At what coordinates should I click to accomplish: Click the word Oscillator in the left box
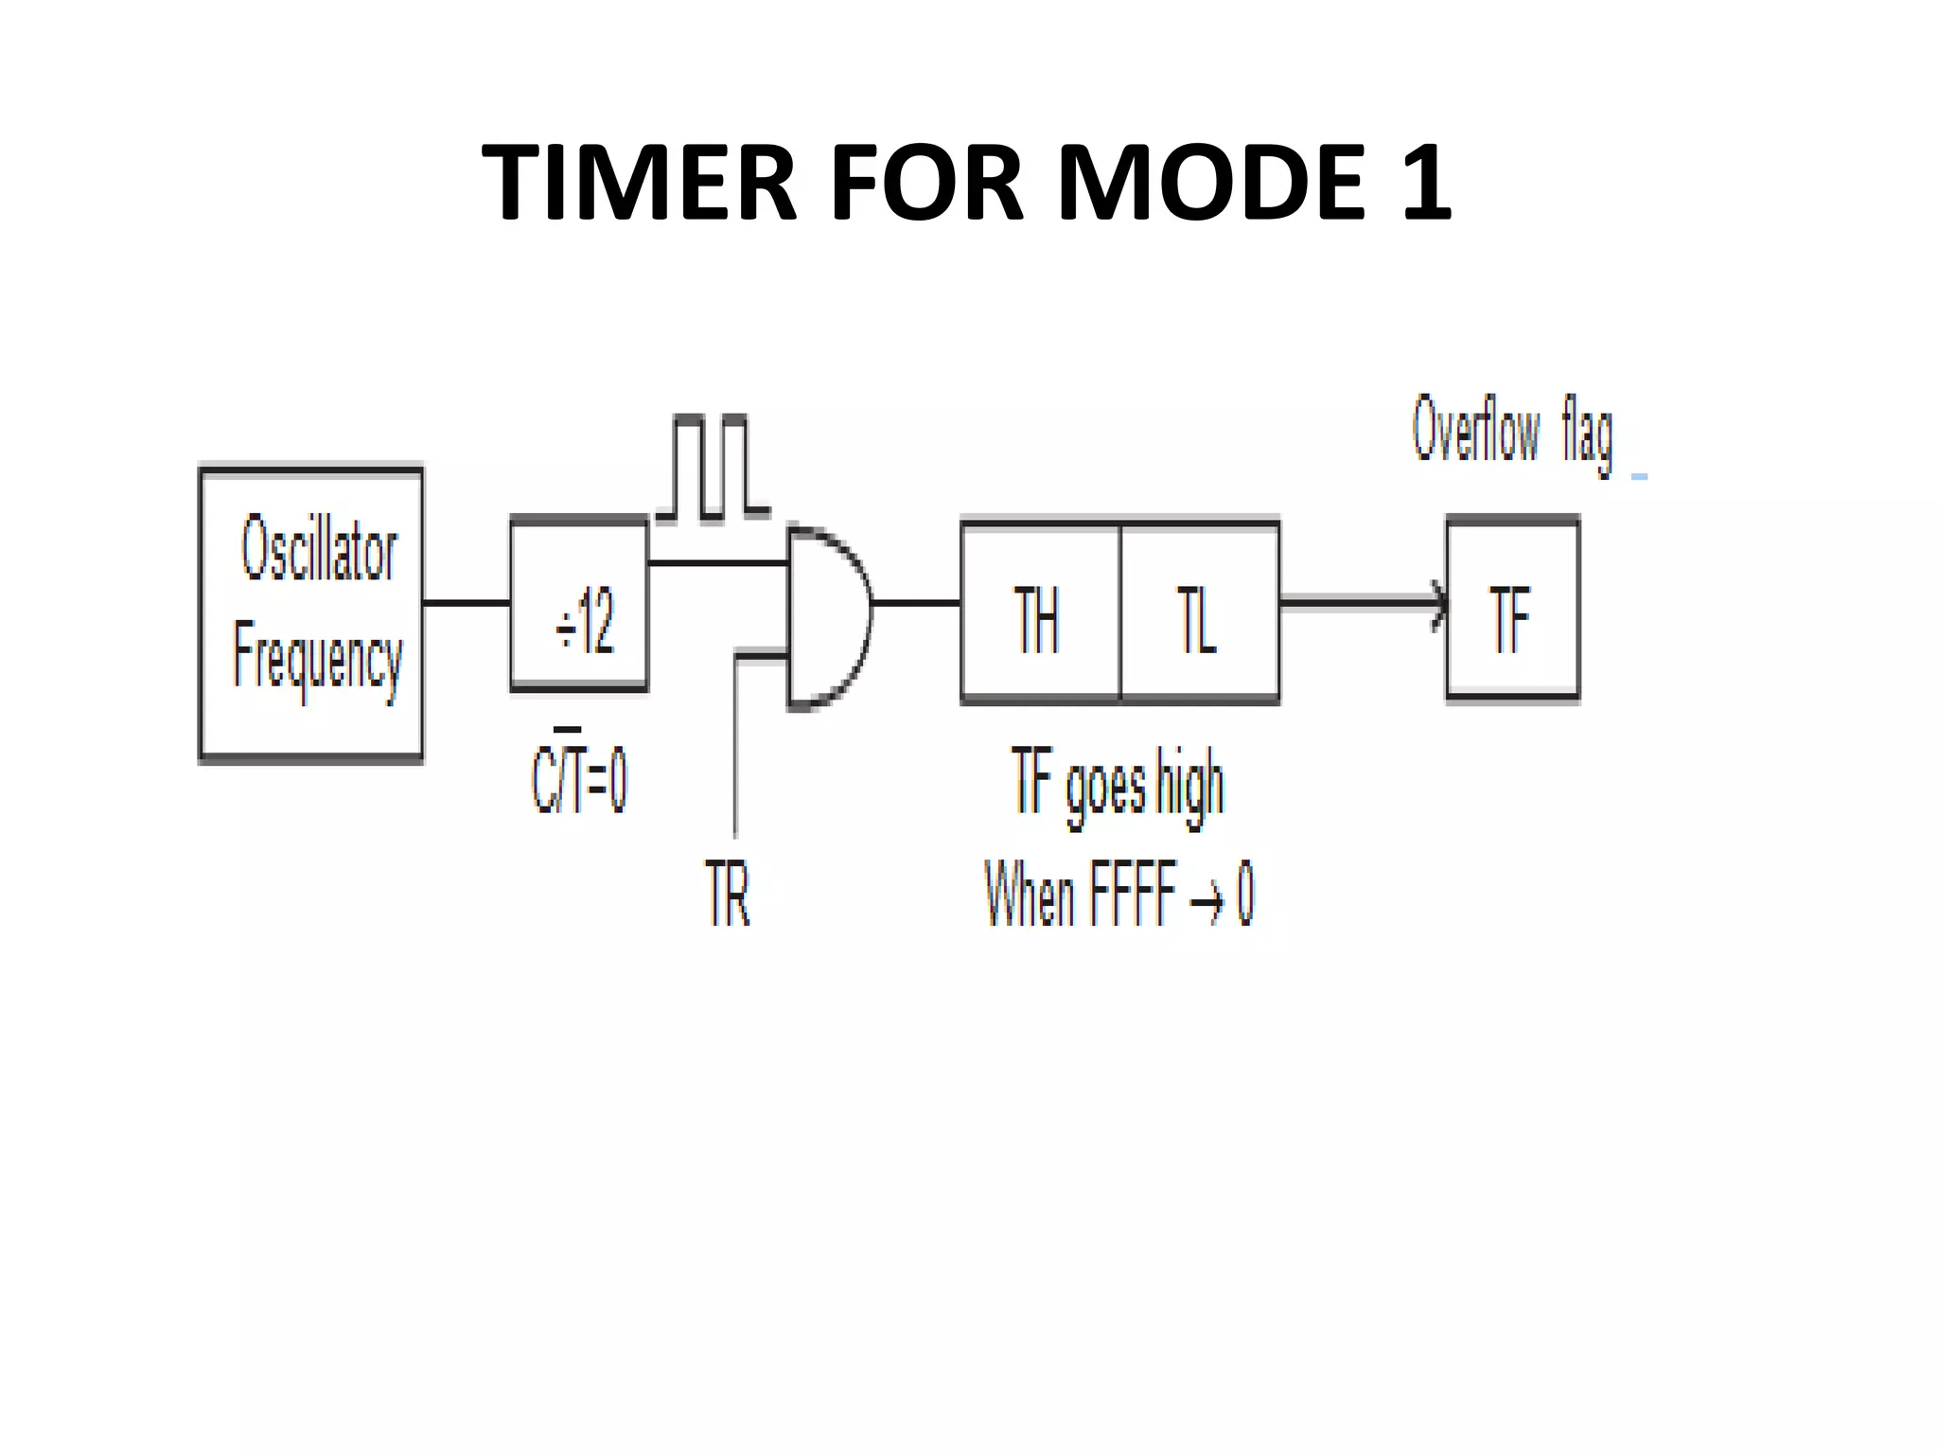coord(319,549)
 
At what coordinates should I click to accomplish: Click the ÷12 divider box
coord(580,604)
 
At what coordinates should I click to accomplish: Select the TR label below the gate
coord(728,894)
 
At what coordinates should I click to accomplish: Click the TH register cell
coord(1039,612)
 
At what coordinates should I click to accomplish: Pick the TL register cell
coord(1199,612)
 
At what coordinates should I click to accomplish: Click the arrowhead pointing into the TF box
coord(1438,603)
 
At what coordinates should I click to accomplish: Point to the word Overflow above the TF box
coord(1476,431)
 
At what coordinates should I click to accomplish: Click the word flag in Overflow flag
coord(1587,435)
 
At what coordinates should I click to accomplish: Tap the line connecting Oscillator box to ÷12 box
coord(467,603)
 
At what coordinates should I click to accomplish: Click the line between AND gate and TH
coord(916,603)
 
